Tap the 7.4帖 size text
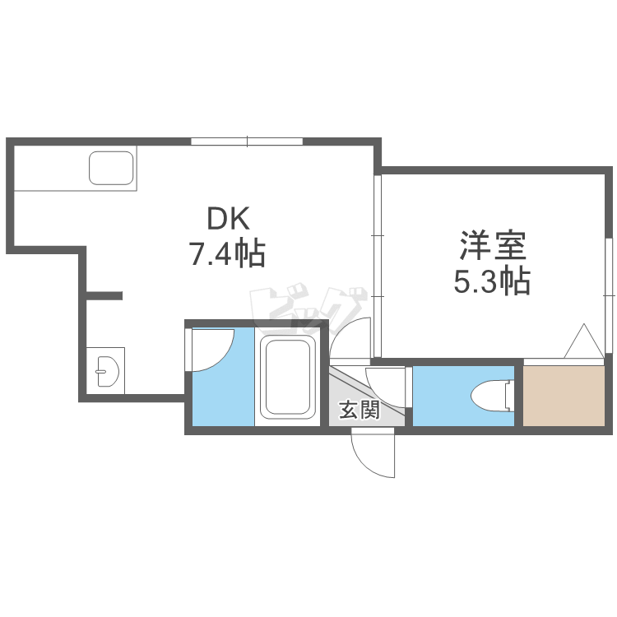click(x=227, y=253)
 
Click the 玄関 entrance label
click(x=359, y=410)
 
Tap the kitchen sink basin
click(x=113, y=169)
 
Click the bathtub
click(x=288, y=378)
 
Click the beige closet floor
click(x=564, y=396)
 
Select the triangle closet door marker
click(x=585, y=341)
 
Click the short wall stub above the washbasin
click(x=104, y=295)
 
